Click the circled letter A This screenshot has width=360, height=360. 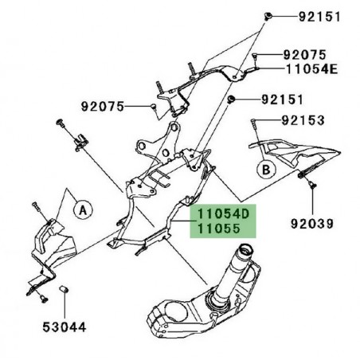coord(81,209)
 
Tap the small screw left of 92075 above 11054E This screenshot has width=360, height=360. coord(256,56)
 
